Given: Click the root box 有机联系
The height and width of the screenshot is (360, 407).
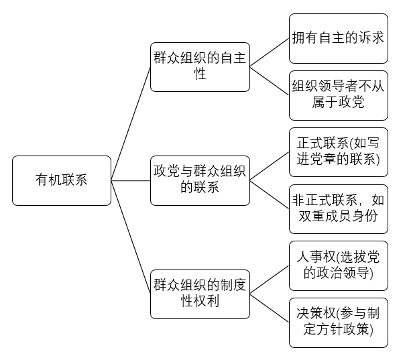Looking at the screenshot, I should point(61,180).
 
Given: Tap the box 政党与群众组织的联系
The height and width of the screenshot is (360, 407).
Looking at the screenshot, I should point(199,180).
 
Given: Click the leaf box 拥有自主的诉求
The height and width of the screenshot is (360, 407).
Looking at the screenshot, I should point(339,38).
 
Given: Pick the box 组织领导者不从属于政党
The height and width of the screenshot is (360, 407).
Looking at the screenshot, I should point(339,95).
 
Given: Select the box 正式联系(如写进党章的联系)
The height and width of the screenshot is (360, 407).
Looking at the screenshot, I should point(339,152).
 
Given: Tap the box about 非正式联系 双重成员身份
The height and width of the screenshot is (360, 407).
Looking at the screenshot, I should point(339,208).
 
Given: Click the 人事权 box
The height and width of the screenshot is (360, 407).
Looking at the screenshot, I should point(339,265).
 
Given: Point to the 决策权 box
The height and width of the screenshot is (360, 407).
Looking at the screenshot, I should point(339,322).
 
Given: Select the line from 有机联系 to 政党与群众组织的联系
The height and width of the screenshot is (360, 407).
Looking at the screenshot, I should point(131,180).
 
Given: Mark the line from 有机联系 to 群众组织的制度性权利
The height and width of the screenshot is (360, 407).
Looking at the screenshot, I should point(131,237).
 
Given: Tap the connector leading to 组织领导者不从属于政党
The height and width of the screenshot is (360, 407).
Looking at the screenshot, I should point(268,81).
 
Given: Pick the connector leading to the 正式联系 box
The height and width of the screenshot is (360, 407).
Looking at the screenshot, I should point(268,166).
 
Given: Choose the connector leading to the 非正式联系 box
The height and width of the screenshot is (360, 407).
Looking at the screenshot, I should point(268,194).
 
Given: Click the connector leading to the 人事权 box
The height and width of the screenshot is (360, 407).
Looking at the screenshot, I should point(268,280).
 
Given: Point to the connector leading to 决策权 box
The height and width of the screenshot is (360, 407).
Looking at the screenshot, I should point(268,308).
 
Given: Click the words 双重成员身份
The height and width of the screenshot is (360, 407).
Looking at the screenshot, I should point(339,217).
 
